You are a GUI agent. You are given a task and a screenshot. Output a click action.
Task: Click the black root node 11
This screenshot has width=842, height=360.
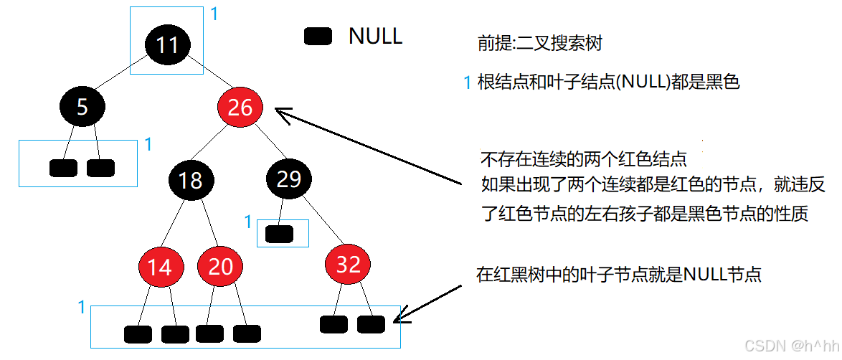[166, 45]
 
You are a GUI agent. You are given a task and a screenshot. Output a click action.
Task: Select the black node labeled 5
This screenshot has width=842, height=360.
[82, 107]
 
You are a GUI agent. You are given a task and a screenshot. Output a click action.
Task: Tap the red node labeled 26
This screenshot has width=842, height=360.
[240, 108]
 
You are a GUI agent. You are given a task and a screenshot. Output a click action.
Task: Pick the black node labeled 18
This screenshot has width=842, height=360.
[190, 179]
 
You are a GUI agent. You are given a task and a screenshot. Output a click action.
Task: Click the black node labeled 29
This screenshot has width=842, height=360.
[288, 179]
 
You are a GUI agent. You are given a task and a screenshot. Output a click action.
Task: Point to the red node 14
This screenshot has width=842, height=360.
[159, 267]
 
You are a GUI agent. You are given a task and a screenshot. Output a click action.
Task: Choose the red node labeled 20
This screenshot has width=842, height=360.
[220, 267]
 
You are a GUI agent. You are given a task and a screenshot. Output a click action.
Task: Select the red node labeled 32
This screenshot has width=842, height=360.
[348, 265]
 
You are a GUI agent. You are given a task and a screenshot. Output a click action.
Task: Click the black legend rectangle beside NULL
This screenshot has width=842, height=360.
[318, 37]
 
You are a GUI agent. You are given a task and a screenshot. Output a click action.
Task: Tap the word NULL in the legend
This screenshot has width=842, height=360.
[375, 36]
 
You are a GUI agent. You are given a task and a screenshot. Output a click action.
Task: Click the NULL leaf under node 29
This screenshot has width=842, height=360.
[279, 234]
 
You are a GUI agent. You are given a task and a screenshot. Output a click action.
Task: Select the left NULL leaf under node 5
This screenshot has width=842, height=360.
[63, 168]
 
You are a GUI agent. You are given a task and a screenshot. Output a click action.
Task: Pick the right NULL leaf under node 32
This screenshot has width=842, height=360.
[371, 324]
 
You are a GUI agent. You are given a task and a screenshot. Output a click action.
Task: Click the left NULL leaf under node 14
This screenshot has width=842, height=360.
[138, 334]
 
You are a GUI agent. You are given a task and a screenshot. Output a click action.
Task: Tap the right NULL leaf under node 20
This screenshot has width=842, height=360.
[246, 333]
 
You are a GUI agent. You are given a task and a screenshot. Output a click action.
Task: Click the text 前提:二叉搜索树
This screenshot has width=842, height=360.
[539, 44]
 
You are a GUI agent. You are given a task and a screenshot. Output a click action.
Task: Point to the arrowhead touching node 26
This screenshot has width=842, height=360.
[280, 113]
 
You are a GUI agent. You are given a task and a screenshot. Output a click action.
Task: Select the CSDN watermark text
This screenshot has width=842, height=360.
[788, 346]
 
